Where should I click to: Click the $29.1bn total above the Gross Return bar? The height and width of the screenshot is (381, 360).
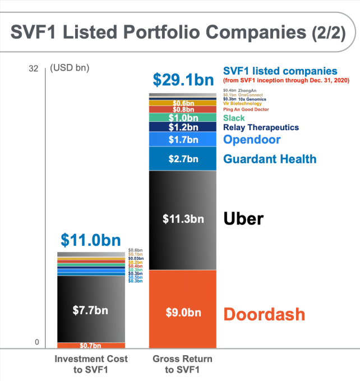(x=183, y=80)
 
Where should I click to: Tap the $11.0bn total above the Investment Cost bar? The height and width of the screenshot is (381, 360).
(x=91, y=240)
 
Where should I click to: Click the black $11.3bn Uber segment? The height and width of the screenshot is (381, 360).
(x=183, y=219)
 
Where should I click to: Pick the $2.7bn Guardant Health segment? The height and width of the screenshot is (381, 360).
(x=183, y=159)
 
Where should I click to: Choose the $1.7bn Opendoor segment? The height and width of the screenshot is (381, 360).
(x=183, y=139)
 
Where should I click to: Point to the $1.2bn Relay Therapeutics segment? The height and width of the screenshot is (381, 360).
(x=183, y=128)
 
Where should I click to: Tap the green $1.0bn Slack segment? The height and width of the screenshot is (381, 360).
(x=183, y=118)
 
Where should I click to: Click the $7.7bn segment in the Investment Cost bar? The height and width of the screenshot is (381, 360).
(x=91, y=309)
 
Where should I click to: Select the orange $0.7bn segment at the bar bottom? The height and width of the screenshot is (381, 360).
(x=91, y=346)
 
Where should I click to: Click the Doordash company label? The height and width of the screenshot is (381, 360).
(x=264, y=314)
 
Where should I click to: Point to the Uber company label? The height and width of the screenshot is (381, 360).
(x=243, y=218)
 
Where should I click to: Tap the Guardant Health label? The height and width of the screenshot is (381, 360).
(x=270, y=159)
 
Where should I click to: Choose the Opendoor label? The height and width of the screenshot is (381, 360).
(x=252, y=139)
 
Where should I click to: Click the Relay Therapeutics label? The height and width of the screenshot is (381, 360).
(x=261, y=128)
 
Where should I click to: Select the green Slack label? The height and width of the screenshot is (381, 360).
(x=234, y=118)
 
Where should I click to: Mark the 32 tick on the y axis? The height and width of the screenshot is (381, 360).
(x=33, y=68)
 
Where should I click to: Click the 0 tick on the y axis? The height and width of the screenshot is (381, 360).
(x=37, y=342)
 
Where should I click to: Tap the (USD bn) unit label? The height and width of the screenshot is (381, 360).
(x=70, y=68)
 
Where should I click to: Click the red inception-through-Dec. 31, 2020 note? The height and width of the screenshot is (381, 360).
(x=286, y=81)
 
